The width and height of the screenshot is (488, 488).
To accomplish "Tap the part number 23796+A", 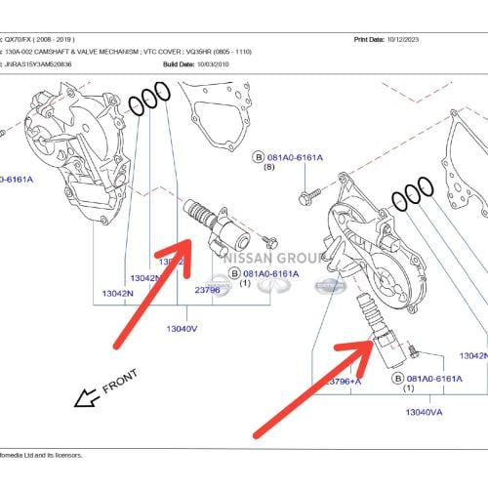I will click(343, 381).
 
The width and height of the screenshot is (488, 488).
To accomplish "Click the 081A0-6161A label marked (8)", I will click(299, 156).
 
